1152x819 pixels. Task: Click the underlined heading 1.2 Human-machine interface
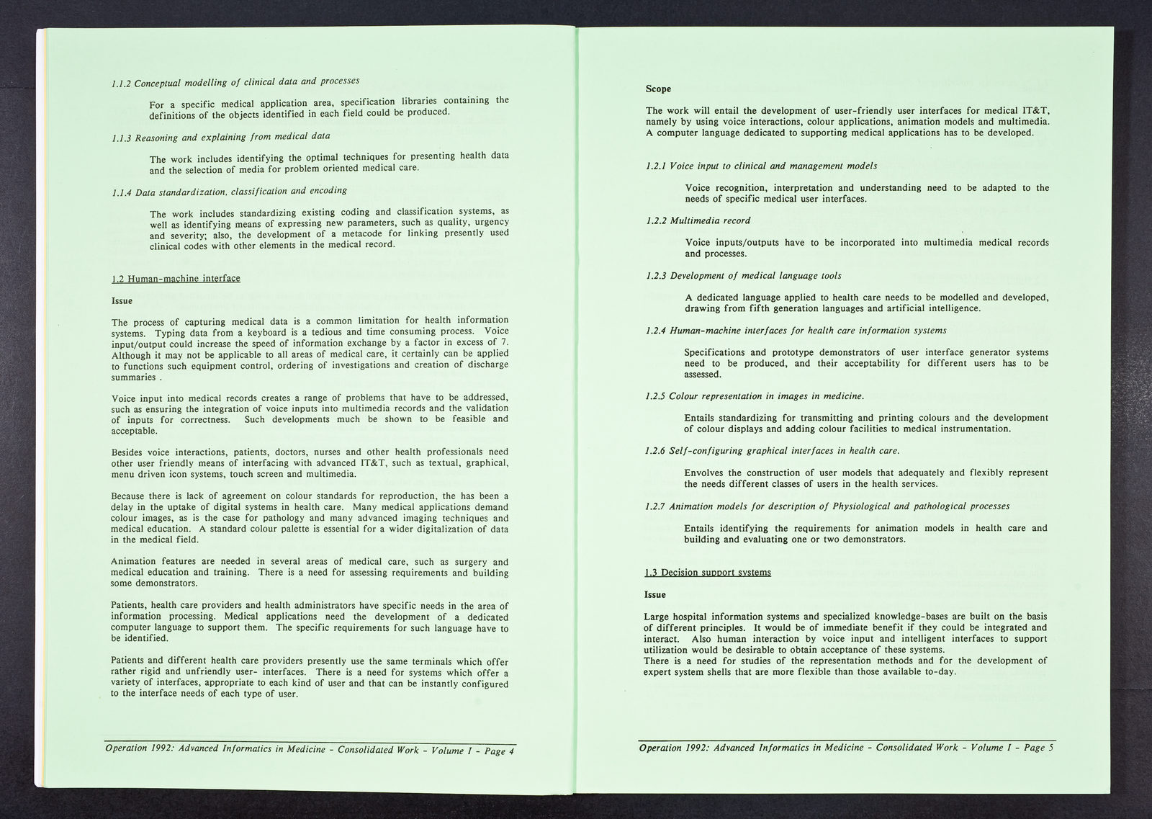click(x=176, y=279)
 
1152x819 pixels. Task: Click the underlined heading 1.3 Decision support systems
click(x=707, y=572)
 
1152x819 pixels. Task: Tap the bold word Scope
click(x=658, y=89)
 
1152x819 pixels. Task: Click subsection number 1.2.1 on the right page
click(x=656, y=166)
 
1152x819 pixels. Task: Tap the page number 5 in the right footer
click(x=1050, y=748)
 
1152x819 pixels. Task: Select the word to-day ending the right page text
click(x=941, y=671)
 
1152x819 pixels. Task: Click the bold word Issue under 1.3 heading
click(x=655, y=595)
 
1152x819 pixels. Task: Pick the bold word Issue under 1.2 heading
click(x=122, y=301)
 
